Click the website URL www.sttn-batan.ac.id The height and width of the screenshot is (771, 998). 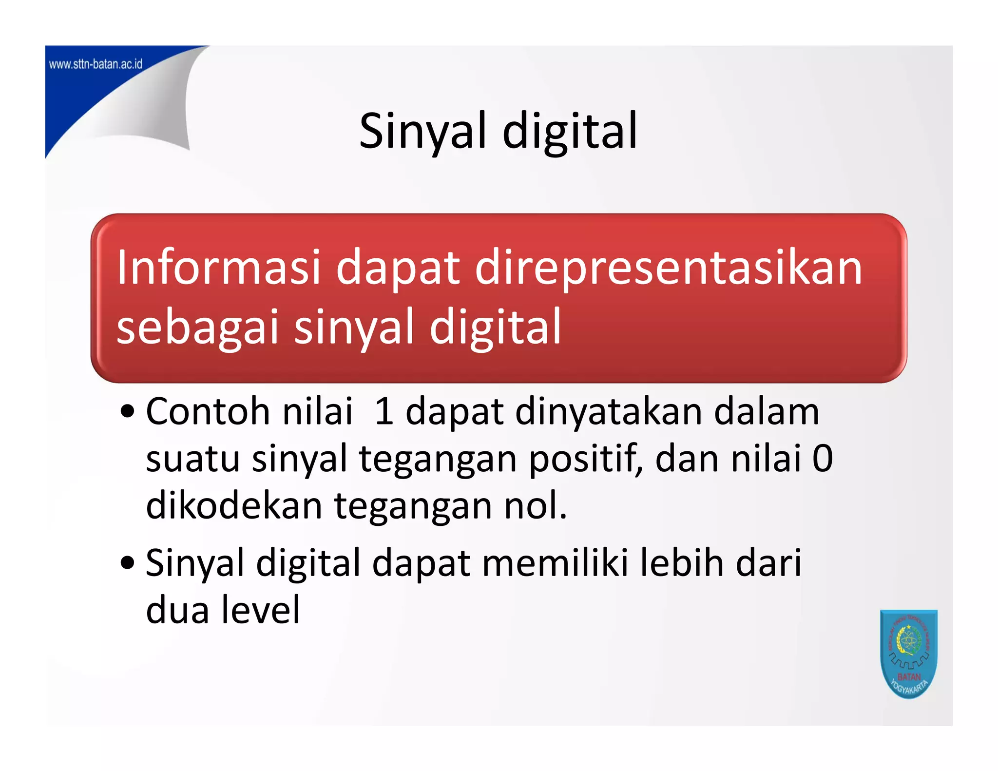pos(96,64)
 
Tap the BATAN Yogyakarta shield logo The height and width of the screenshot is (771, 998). pos(909,653)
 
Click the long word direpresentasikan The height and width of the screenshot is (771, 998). pos(669,268)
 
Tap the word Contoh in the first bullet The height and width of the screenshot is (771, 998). pos(208,412)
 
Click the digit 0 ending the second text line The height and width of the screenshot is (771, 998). pos(823,459)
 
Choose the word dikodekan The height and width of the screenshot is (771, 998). pos(234,505)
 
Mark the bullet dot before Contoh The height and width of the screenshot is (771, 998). pos(128,412)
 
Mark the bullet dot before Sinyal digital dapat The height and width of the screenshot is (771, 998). pos(128,563)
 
